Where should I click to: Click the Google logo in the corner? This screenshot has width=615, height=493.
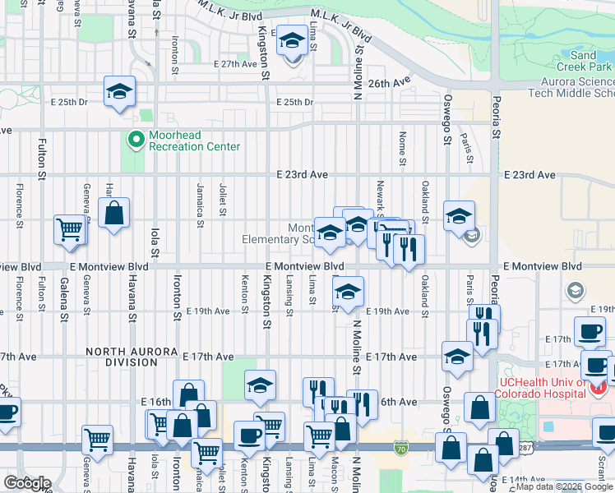28,482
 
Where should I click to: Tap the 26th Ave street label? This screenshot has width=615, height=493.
388,83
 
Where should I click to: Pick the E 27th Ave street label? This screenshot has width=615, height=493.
235,63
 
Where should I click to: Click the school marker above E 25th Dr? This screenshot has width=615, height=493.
119,91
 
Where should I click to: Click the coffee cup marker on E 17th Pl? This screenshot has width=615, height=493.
589,332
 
